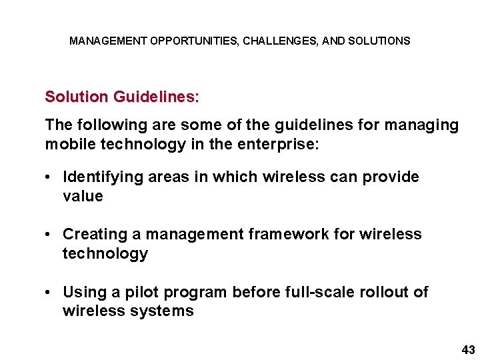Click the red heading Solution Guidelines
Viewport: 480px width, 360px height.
[x=121, y=97]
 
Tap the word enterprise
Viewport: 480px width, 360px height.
[x=283, y=145]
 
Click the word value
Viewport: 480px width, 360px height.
[x=83, y=196]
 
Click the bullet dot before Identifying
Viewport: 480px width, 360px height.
[x=50, y=177]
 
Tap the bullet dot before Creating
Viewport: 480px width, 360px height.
[x=50, y=235]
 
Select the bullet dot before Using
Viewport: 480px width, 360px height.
[x=50, y=293]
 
